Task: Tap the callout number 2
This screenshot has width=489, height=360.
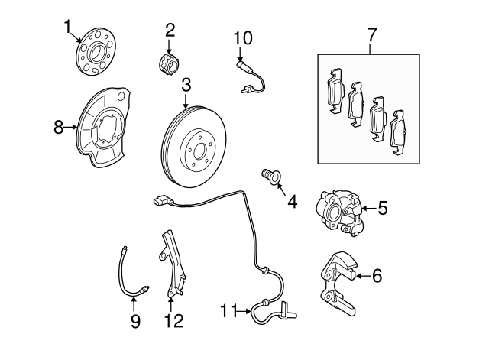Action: [170, 30]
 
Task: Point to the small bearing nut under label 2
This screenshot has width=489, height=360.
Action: [169, 63]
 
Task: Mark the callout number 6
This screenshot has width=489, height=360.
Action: [377, 276]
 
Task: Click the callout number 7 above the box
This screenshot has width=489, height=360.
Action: [371, 34]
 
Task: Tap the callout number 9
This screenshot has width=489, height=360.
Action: [135, 321]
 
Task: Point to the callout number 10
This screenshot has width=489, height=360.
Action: [241, 37]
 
